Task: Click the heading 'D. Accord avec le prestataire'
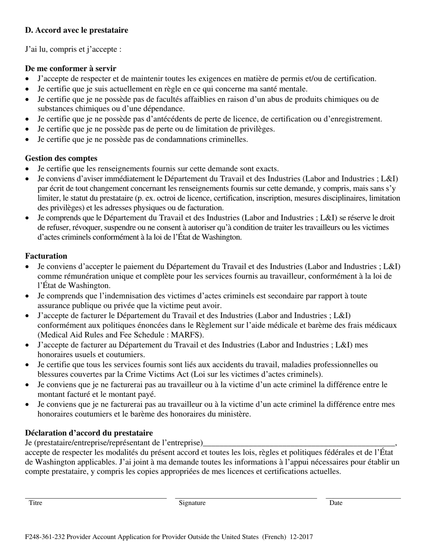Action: click(76, 30)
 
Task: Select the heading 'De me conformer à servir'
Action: click(70, 69)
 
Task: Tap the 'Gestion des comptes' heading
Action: click(61, 158)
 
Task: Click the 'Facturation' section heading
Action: click(46, 256)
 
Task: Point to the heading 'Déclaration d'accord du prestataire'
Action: click(89, 433)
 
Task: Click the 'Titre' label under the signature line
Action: click(35, 503)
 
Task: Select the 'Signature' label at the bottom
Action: click(192, 503)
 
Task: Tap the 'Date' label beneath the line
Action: click(336, 503)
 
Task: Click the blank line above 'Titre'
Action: click(96, 498)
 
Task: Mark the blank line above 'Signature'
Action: click(246, 498)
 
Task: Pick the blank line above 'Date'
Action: click(363, 498)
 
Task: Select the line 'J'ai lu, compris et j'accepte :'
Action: click(73, 49)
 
